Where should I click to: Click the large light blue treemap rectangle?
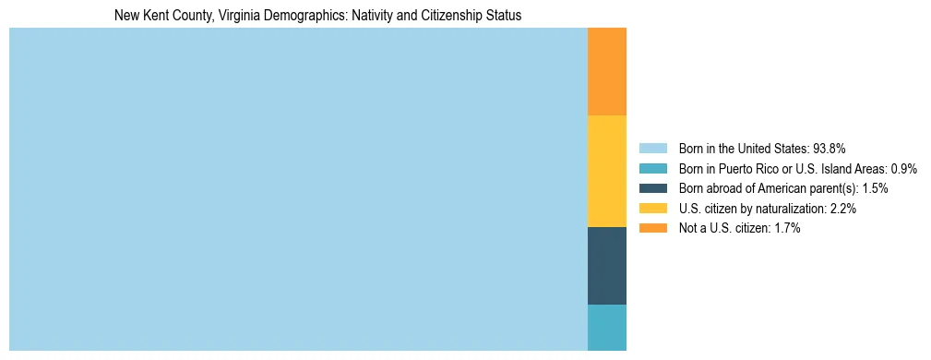(x=298, y=189)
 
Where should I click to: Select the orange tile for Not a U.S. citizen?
(x=607, y=72)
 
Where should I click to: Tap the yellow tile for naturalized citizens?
(x=607, y=171)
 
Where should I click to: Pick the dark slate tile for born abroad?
(x=607, y=266)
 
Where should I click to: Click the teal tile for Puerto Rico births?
(x=607, y=328)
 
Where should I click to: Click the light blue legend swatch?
(x=652, y=148)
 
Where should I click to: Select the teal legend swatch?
(x=652, y=168)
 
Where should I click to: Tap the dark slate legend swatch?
(x=652, y=188)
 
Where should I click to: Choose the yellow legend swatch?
(x=652, y=209)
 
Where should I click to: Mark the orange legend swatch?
(x=652, y=228)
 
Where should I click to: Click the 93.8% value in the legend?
(x=830, y=148)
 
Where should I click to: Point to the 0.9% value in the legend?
(x=903, y=168)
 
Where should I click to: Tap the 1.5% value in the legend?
(x=875, y=188)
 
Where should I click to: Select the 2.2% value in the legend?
(x=842, y=209)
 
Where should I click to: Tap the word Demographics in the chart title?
(x=303, y=16)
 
